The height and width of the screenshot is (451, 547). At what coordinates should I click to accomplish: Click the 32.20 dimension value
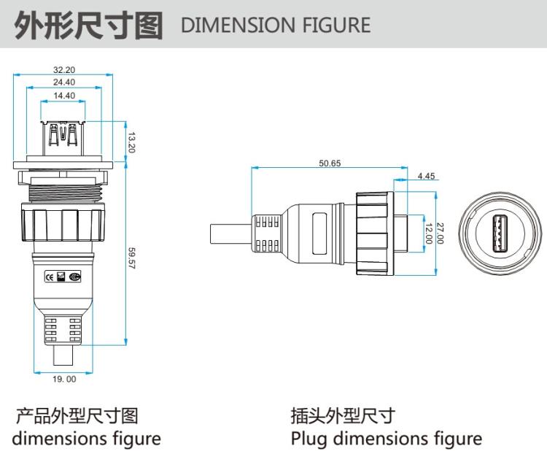pyautogui.click(x=64, y=69)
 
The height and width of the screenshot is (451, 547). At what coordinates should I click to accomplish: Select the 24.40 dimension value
pyautogui.click(x=64, y=82)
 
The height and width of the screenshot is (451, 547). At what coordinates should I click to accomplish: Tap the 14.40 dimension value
pyautogui.click(x=64, y=96)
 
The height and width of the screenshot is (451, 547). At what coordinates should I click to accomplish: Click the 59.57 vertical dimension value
pyautogui.click(x=132, y=258)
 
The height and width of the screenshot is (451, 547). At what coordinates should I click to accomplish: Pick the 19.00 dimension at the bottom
pyautogui.click(x=64, y=379)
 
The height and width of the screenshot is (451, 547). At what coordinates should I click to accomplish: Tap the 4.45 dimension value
pyautogui.click(x=427, y=176)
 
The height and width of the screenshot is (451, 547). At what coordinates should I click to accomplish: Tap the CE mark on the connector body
pyautogui.click(x=50, y=277)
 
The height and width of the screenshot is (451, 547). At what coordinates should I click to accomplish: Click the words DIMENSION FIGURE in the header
pyautogui.click(x=275, y=26)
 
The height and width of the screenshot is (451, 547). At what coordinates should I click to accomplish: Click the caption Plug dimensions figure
pyautogui.click(x=386, y=439)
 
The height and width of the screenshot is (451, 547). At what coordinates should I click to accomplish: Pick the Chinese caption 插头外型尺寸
pyautogui.click(x=342, y=417)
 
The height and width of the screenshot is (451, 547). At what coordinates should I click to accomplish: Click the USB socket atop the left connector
pyautogui.click(x=64, y=136)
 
